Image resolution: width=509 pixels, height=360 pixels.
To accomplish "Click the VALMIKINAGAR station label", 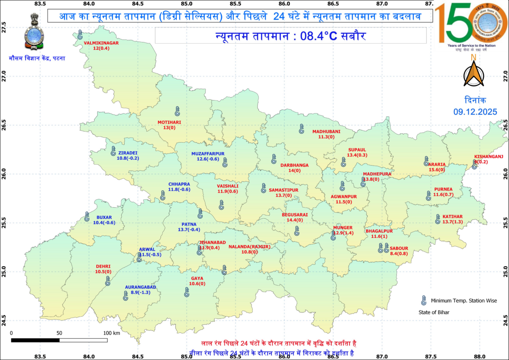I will pyautogui.click(x=101, y=43).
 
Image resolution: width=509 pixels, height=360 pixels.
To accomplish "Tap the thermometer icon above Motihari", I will pyautogui.click(x=177, y=111).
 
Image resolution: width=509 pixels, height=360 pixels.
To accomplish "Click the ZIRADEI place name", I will pyautogui.click(x=128, y=153).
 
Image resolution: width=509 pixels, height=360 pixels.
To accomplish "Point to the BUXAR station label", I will pyautogui.click(x=104, y=217).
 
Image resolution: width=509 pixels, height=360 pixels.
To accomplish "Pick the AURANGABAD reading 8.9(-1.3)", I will pyautogui.click(x=140, y=292).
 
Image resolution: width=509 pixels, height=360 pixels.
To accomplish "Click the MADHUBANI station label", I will pyautogui.click(x=326, y=131).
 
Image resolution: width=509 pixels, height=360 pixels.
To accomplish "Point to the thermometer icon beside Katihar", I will pyautogui.click(x=438, y=219).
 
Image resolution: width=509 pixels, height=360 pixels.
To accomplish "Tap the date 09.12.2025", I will pyautogui.click(x=474, y=112).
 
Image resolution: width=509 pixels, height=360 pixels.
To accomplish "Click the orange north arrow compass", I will pyautogui.click(x=473, y=73).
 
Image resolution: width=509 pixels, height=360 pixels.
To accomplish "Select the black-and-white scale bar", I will pyautogui.click(x=59, y=340).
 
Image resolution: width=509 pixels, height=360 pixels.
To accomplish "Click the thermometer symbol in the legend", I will pyautogui.click(x=423, y=301).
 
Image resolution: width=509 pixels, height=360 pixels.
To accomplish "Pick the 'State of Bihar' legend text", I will pyautogui.click(x=431, y=312).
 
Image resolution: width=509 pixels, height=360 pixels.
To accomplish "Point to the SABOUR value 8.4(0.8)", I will pyautogui.click(x=399, y=253).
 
